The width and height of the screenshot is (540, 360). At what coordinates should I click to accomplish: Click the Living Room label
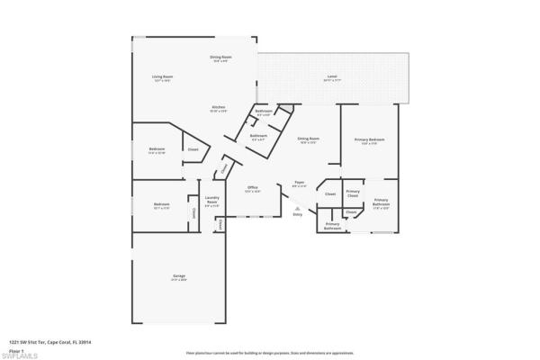click(162, 77)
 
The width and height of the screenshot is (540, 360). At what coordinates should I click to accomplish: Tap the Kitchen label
click(218, 107)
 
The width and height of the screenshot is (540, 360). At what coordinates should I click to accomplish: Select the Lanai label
click(332, 78)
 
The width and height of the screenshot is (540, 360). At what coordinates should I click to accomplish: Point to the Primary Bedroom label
click(369, 139)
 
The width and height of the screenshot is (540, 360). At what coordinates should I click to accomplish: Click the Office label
click(253, 187)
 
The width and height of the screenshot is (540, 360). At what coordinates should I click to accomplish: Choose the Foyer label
click(299, 184)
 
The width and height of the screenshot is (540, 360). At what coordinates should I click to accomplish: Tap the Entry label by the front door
click(297, 214)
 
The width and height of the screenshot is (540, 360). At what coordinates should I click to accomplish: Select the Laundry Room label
click(212, 200)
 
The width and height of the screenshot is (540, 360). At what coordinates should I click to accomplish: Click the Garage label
click(179, 276)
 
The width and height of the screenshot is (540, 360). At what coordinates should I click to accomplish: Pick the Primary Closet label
click(353, 193)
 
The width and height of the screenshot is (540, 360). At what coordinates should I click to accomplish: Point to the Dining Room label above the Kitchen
click(220, 58)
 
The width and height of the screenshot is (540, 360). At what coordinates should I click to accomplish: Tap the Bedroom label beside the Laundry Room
click(161, 204)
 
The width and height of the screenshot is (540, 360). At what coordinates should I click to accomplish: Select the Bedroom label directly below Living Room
click(157, 149)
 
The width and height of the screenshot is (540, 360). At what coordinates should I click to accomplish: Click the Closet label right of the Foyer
click(330, 193)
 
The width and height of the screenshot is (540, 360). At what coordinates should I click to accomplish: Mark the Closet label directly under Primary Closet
click(351, 211)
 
